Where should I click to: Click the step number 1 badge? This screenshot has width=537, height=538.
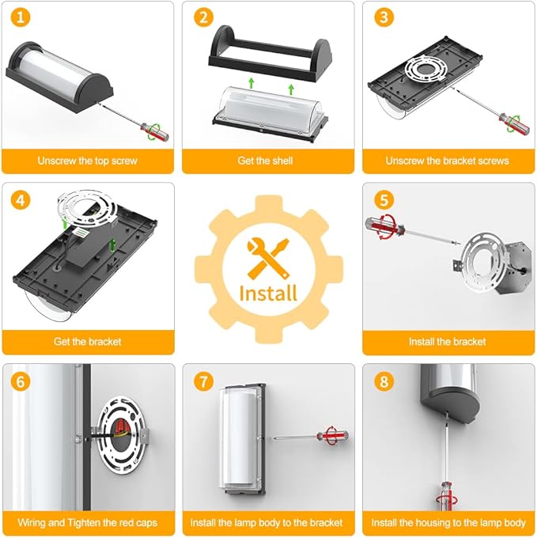[x=21, y=17]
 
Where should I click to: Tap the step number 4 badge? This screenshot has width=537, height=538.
[x=21, y=199]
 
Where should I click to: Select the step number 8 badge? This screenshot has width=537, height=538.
[x=384, y=381]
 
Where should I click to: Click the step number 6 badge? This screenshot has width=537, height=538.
[x=21, y=381]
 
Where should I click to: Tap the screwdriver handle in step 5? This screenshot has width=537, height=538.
[x=384, y=226]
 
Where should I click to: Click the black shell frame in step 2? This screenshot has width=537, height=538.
[x=270, y=55]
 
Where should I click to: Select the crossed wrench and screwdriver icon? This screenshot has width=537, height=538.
[x=268, y=257]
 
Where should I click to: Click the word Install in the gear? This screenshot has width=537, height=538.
[x=268, y=294]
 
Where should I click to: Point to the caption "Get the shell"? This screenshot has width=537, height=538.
[x=265, y=161]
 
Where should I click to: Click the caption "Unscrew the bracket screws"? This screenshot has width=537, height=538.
[x=447, y=161]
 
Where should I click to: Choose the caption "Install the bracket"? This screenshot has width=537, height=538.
[x=447, y=342]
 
